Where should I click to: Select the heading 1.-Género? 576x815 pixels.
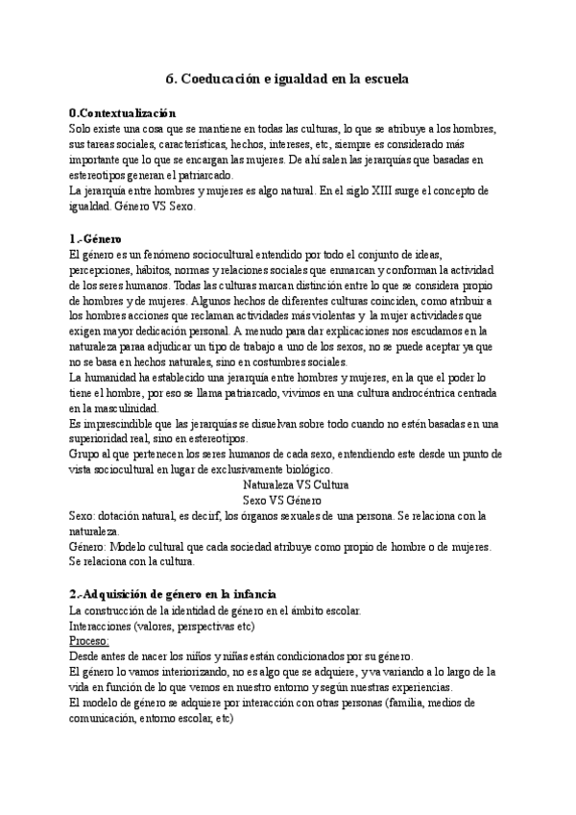click(x=96, y=238)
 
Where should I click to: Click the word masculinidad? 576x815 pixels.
click(x=122, y=409)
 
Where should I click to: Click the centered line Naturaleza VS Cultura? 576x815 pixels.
click(x=296, y=486)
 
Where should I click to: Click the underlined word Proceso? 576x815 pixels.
click(x=89, y=642)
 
